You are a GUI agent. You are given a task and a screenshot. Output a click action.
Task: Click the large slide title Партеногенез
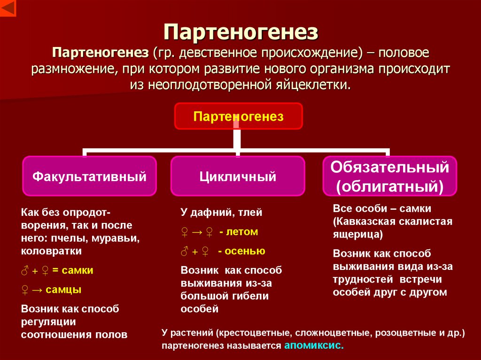240,33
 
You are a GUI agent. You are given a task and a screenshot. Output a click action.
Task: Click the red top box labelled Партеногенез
239,116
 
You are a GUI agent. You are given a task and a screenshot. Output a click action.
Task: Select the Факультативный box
89,176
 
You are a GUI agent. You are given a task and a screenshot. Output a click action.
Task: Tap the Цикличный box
238,176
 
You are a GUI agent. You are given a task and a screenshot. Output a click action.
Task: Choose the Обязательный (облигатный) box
389,176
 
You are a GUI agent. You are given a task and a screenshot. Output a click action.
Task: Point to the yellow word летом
242,231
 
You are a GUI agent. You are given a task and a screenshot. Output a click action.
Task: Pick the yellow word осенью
245,251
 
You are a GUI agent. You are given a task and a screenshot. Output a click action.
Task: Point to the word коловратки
51,251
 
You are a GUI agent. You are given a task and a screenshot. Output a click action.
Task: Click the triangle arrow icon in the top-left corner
8,8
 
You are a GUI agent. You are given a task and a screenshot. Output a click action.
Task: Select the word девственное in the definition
213,53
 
